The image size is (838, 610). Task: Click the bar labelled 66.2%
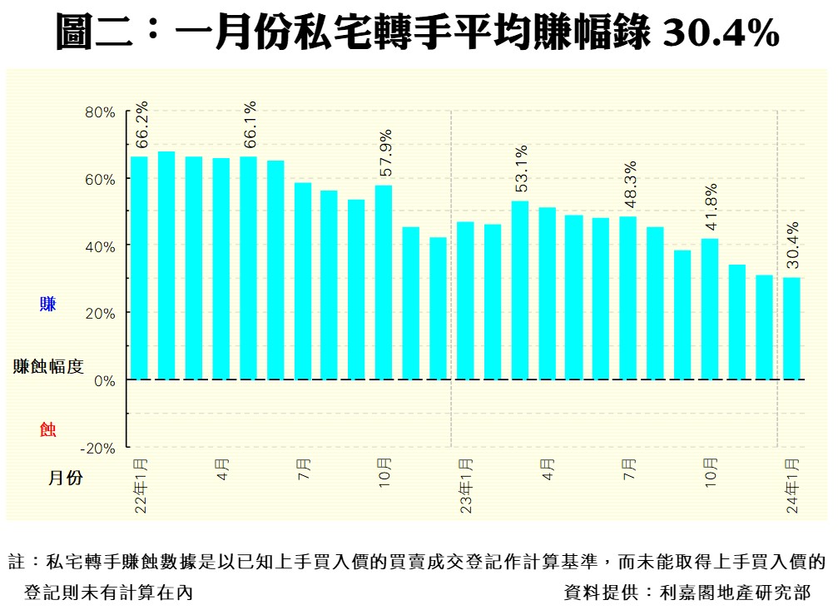139,267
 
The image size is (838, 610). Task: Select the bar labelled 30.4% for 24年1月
791,328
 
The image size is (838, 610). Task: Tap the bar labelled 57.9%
384,282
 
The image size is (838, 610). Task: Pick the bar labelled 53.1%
519,290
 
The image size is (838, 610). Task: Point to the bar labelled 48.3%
628,298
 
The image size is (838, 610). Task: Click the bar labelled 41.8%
710,309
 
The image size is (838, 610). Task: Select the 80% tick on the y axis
100,112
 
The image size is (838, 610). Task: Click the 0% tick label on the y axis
103,380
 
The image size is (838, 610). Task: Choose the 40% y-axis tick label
100,246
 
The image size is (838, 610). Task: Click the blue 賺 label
48,305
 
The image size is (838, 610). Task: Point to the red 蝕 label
48,429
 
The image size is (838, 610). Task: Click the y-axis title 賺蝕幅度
48,366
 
